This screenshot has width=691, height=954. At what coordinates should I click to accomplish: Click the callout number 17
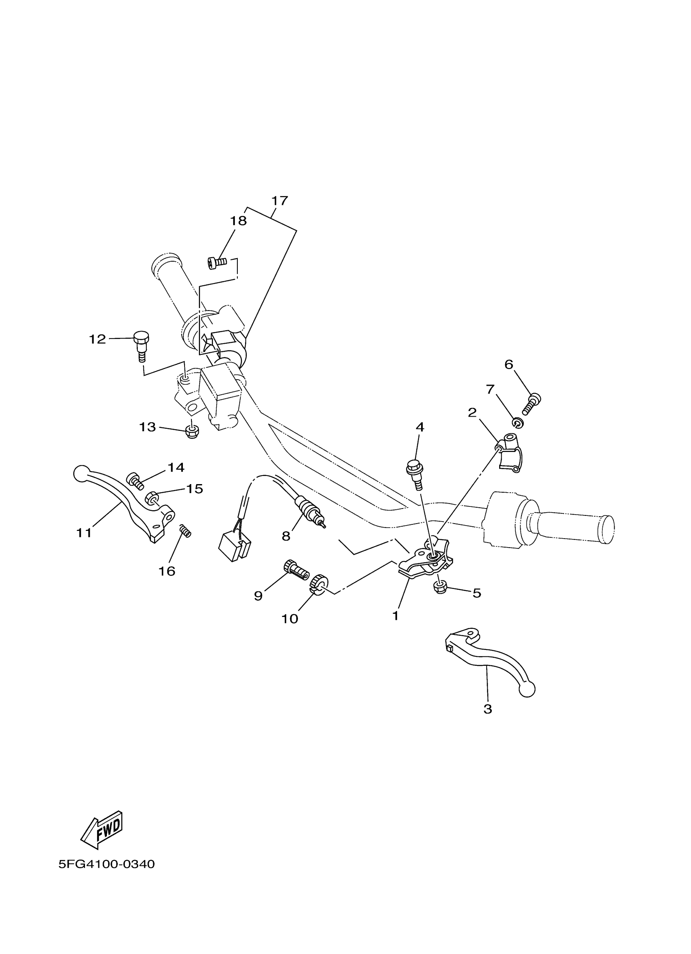[x=279, y=201]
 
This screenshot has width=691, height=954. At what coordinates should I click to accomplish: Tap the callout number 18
[x=238, y=221]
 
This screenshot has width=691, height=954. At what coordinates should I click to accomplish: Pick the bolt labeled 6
[x=532, y=402]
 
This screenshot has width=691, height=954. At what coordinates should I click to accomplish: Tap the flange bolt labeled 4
[x=415, y=473]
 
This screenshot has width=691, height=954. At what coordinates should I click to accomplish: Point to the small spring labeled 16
[x=185, y=531]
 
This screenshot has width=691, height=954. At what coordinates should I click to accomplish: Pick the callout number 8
[x=286, y=536]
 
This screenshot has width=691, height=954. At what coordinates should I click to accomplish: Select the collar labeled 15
[x=152, y=498]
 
